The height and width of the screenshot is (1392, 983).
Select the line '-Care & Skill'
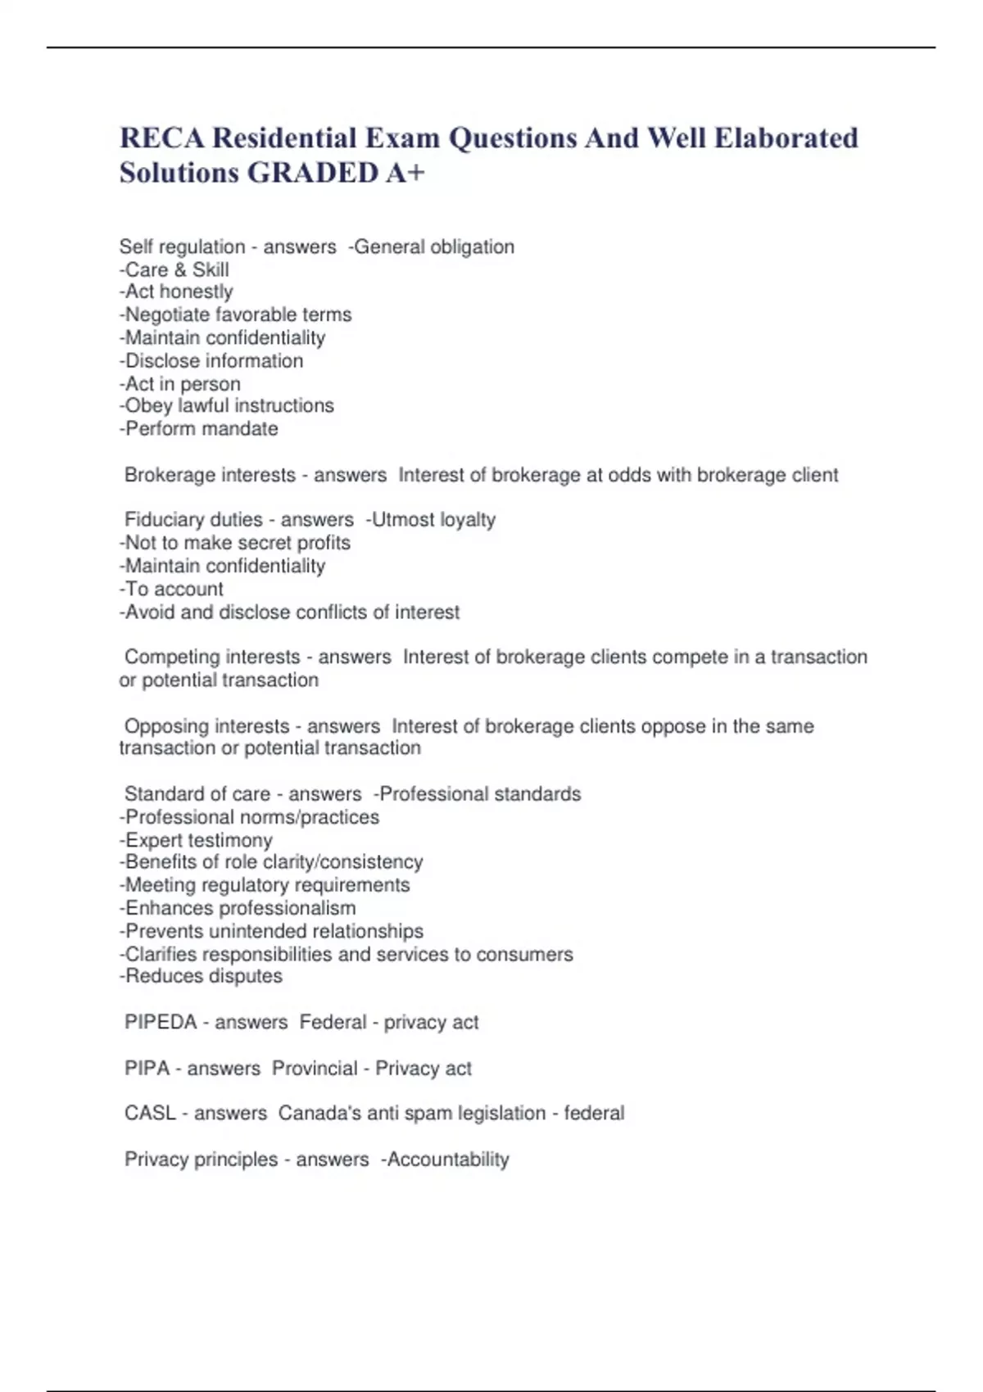tap(174, 269)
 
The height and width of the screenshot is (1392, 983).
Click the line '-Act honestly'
tap(176, 292)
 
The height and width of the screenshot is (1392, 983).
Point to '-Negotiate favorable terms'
tap(235, 314)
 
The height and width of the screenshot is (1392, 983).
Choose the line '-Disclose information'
tap(211, 360)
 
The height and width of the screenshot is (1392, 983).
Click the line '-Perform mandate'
tap(198, 428)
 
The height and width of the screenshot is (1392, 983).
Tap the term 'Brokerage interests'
tap(210, 475)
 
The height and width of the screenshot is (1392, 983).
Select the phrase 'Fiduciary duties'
tap(193, 519)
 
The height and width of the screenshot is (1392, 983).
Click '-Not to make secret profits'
tap(234, 542)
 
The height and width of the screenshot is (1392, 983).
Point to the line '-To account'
tap(171, 589)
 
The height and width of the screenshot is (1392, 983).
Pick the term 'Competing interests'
tap(212, 657)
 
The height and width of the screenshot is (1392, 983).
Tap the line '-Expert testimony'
tap(196, 840)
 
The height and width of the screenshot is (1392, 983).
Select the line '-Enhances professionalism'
tap(238, 908)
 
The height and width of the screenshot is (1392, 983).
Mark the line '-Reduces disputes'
tap(201, 976)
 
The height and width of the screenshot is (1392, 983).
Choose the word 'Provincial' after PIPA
tap(315, 1069)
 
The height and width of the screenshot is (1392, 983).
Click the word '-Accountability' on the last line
tap(445, 1159)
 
